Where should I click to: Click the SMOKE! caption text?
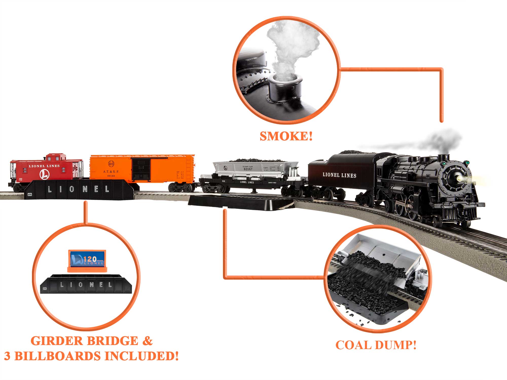click(x=286, y=136)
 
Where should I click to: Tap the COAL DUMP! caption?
click(x=376, y=345)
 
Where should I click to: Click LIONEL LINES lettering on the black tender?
click(x=339, y=175)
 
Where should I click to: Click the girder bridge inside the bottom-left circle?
click(x=86, y=284)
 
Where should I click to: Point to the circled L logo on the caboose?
click(x=44, y=175)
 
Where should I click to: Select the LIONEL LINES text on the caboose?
click(x=44, y=166)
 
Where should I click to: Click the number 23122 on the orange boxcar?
click(x=111, y=176)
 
